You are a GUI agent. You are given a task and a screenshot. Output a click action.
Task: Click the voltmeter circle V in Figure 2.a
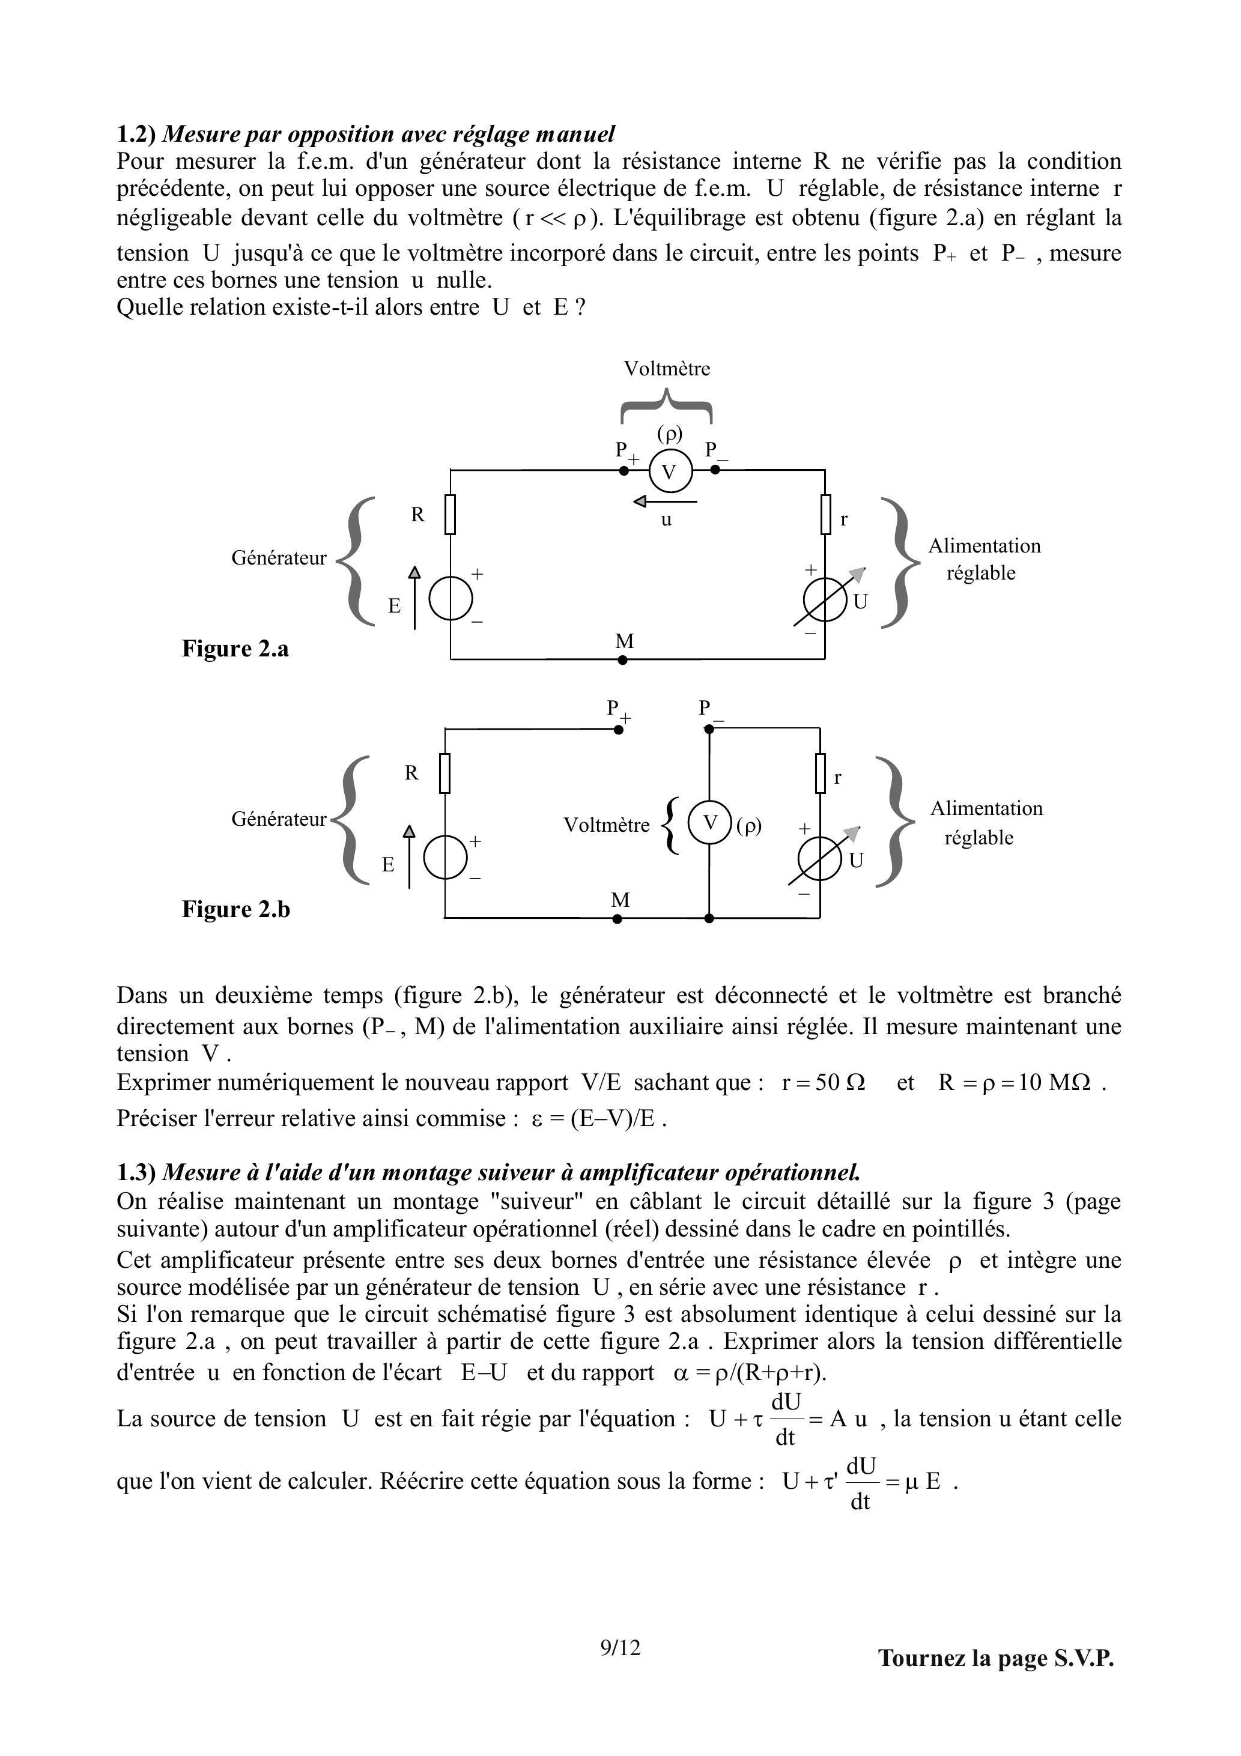point(670,471)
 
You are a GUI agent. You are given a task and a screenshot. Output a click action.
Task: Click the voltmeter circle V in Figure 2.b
point(710,823)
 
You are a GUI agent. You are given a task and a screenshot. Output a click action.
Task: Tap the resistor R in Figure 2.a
point(450,514)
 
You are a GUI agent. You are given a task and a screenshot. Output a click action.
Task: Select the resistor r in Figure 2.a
point(825,514)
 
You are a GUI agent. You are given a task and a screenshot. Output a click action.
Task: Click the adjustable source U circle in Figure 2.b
point(820,859)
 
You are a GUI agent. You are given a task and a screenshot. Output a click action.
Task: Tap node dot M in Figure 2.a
point(622,659)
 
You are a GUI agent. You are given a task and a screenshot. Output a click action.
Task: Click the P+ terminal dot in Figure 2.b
point(619,730)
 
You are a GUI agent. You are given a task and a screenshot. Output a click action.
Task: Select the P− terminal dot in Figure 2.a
point(715,470)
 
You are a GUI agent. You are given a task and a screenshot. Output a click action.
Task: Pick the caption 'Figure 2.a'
point(235,649)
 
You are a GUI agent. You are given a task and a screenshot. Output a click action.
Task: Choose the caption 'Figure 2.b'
point(235,909)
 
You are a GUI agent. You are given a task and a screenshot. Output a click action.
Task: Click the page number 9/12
point(620,1647)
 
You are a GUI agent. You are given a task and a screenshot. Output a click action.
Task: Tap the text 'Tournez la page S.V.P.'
point(995,1658)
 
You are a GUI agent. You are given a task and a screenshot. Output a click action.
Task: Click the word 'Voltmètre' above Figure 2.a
point(666,369)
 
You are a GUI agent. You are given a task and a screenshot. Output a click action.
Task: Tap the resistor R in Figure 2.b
point(445,774)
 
